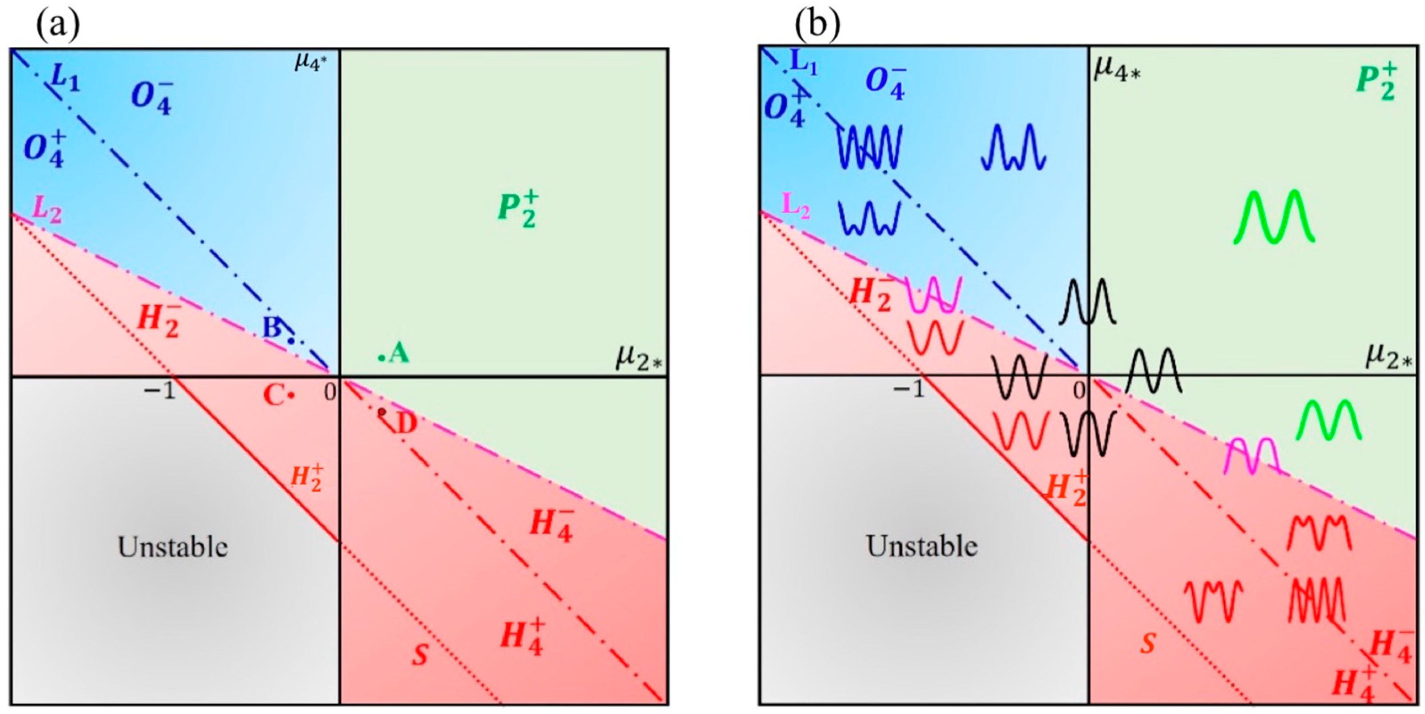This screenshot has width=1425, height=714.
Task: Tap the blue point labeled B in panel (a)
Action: pyautogui.click(x=291, y=341)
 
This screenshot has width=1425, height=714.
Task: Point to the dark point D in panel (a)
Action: pyautogui.click(x=382, y=412)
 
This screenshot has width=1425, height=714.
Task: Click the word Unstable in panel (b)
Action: pyautogui.click(x=921, y=546)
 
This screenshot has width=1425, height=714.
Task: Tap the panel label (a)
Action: pyautogui.click(x=58, y=25)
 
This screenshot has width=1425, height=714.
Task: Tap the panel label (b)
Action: pyautogui.click(x=818, y=25)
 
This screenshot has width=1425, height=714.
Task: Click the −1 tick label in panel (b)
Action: pyautogui.click(x=909, y=390)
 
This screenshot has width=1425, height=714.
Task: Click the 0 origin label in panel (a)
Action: pyautogui.click(x=330, y=392)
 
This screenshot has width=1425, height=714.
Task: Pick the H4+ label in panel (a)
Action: pyautogui.click(x=522, y=636)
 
